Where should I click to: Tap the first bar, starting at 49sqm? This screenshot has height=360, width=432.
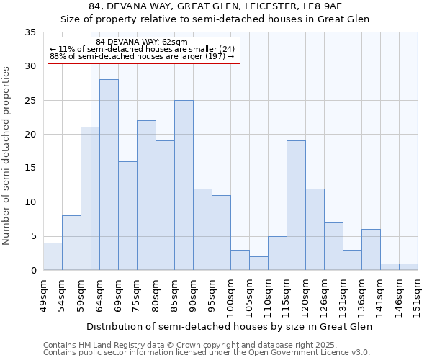53,256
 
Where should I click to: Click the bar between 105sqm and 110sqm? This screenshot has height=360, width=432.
258,264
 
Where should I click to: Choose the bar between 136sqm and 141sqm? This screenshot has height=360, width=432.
371,250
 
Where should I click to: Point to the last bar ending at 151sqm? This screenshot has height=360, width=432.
408,267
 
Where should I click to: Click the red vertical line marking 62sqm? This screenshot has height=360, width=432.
91,180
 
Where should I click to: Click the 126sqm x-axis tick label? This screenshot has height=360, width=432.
324,296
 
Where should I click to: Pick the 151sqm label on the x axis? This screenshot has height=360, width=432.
418,296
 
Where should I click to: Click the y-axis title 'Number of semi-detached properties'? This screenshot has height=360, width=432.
7,156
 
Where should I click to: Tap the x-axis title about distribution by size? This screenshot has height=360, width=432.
230,327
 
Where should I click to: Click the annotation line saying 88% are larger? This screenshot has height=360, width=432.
142,56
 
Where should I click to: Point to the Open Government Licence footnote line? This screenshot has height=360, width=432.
207,352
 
